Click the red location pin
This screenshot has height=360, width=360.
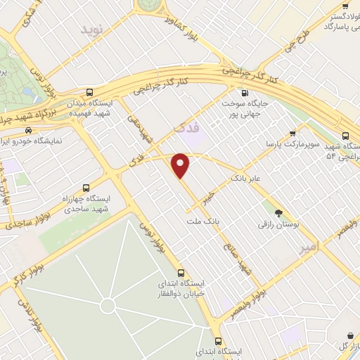[x=181, y=165]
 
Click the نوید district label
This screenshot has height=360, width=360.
[x=92, y=29]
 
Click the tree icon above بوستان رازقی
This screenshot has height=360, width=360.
[x=280, y=212]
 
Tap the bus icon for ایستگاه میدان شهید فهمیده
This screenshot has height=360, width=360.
[x=89, y=92]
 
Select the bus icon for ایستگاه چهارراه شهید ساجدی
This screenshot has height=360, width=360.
[x=86, y=188]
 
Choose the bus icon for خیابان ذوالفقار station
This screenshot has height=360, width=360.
[x=181, y=272]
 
